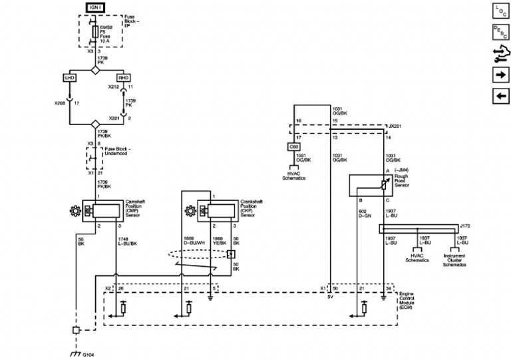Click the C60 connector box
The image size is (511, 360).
tap(293, 146)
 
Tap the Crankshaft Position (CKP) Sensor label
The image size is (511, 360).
tap(252, 206)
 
